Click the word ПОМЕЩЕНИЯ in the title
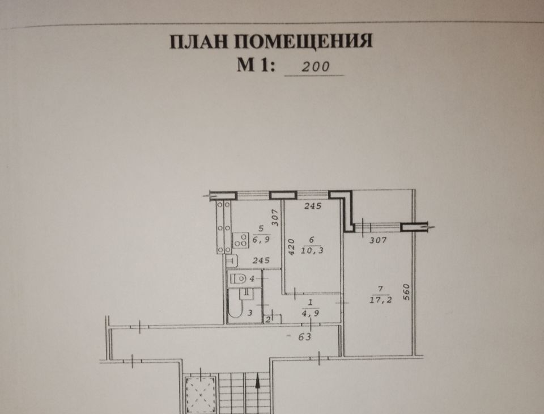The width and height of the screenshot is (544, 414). pos(303,43)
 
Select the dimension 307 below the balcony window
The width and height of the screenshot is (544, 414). pos(377,240)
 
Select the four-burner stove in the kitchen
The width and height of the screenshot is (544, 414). pos(240,239)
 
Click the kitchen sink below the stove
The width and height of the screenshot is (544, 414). pos(231,260)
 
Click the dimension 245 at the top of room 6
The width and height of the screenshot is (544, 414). pos(312,206)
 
